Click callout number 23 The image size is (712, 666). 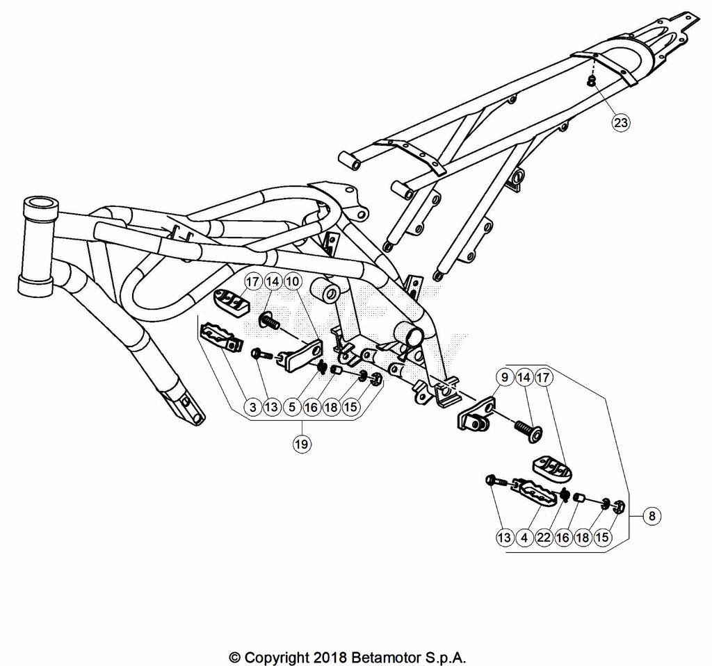pos(621,122)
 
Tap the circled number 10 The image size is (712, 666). pos(293,282)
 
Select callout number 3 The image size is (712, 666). pos(253,407)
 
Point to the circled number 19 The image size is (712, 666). pos(302,444)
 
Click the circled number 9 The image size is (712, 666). pos(505,377)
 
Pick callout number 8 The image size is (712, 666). pos(652,516)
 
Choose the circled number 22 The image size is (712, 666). pos(544,538)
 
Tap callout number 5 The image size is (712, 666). pos(292,407)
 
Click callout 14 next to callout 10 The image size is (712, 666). pos(273,282)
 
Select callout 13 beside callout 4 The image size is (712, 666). pos(504,538)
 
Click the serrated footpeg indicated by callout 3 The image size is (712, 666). pos(220,336)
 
